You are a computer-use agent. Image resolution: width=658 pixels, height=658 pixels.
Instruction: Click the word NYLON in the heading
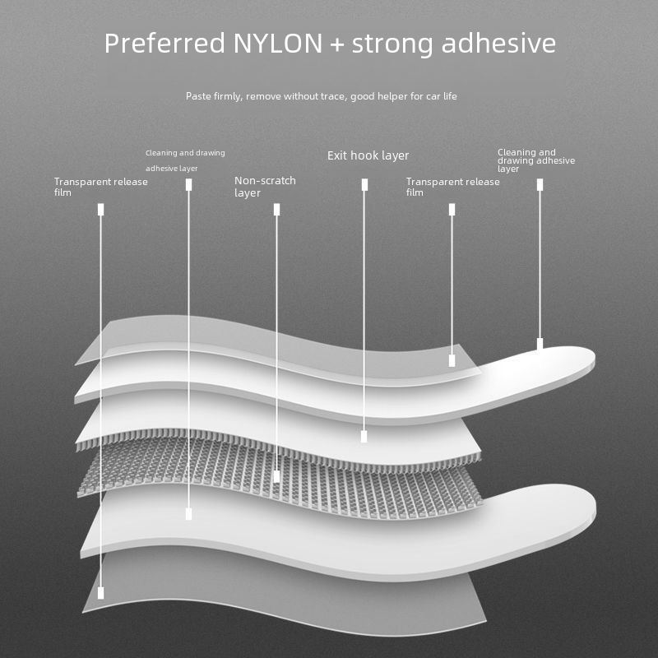277,43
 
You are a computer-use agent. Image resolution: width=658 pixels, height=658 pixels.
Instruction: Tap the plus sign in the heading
337,44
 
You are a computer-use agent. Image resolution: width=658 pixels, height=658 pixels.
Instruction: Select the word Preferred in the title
164,43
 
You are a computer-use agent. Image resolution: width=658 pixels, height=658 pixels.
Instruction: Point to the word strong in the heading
392,44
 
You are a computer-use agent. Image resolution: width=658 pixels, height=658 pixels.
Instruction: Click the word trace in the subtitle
334,96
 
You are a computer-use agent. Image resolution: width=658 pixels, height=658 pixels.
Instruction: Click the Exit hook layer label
368,155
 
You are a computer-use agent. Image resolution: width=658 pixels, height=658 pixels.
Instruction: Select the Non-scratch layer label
265,187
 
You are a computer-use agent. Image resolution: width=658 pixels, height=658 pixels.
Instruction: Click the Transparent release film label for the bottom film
100,187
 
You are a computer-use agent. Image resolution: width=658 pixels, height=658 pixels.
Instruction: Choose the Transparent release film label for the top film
453,187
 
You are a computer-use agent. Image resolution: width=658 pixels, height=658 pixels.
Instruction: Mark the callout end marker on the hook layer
364,437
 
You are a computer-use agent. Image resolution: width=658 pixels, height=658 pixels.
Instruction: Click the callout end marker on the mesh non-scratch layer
276,476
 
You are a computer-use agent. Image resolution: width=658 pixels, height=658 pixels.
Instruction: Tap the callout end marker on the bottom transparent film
100,593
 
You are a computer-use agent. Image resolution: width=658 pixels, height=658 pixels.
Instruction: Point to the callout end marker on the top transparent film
452,360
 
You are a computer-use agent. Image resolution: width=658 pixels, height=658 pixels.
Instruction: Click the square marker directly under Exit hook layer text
364,184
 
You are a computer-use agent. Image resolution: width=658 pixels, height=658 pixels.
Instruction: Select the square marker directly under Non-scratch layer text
276,210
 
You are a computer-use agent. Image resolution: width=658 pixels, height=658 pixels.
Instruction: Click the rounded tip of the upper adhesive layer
592,359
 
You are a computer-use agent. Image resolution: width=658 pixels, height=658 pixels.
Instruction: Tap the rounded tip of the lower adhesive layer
593,507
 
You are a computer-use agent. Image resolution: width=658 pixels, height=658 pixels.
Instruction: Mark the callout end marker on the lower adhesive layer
189,514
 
